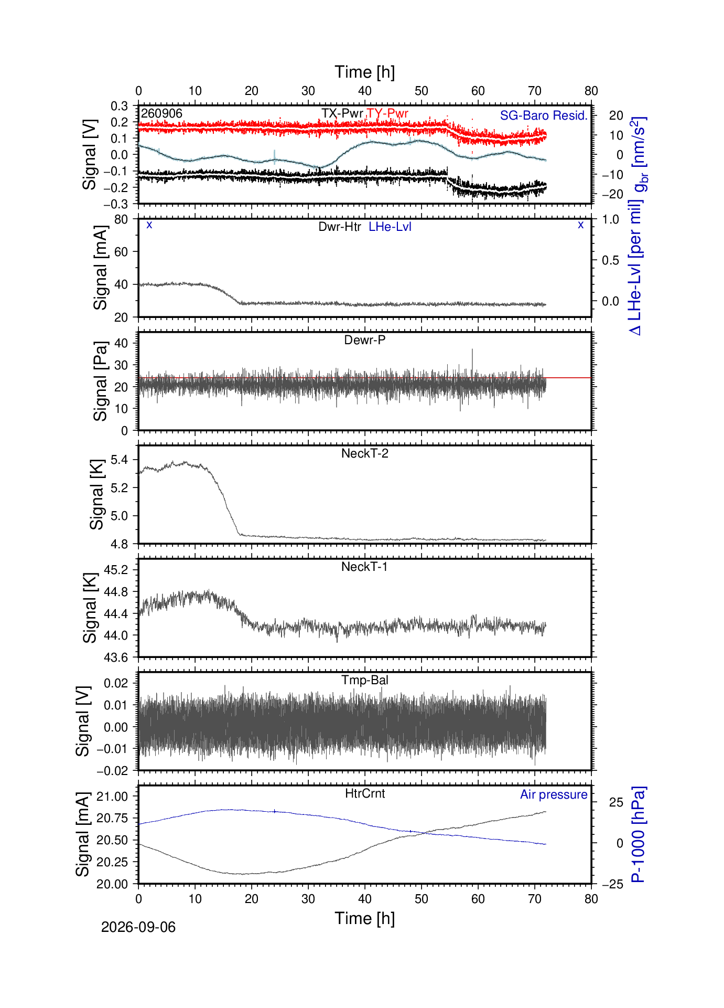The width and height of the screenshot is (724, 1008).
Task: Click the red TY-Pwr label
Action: [387, 113]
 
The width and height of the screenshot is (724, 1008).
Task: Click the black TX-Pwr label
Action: [342, 113]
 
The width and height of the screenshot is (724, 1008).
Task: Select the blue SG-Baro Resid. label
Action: [544, 115]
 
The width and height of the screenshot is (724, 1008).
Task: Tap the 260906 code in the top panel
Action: [161, 113]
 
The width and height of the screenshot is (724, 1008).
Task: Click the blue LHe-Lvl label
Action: [390, 227]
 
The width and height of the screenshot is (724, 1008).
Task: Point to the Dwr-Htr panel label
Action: [340, 227]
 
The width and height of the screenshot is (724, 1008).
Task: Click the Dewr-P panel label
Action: [365, 340]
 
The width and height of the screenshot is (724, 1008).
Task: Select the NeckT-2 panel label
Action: [365, 453]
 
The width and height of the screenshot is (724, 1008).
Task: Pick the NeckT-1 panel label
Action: [364, 567]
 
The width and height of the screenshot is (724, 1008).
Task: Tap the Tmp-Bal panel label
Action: [365, 681]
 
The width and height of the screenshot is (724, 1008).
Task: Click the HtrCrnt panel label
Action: [365, 793]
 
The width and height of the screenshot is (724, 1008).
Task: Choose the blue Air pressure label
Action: [554, 795]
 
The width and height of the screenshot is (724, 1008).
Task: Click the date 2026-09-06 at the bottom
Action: [138, 928]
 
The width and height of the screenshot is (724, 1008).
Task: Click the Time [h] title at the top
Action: [365, 72]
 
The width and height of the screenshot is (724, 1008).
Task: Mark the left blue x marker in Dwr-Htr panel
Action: [149, 225]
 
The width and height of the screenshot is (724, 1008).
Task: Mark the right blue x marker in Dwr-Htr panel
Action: [580, 225]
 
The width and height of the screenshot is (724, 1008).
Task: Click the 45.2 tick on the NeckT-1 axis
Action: [116, 570]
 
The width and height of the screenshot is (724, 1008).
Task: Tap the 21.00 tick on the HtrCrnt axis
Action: [112, 797]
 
